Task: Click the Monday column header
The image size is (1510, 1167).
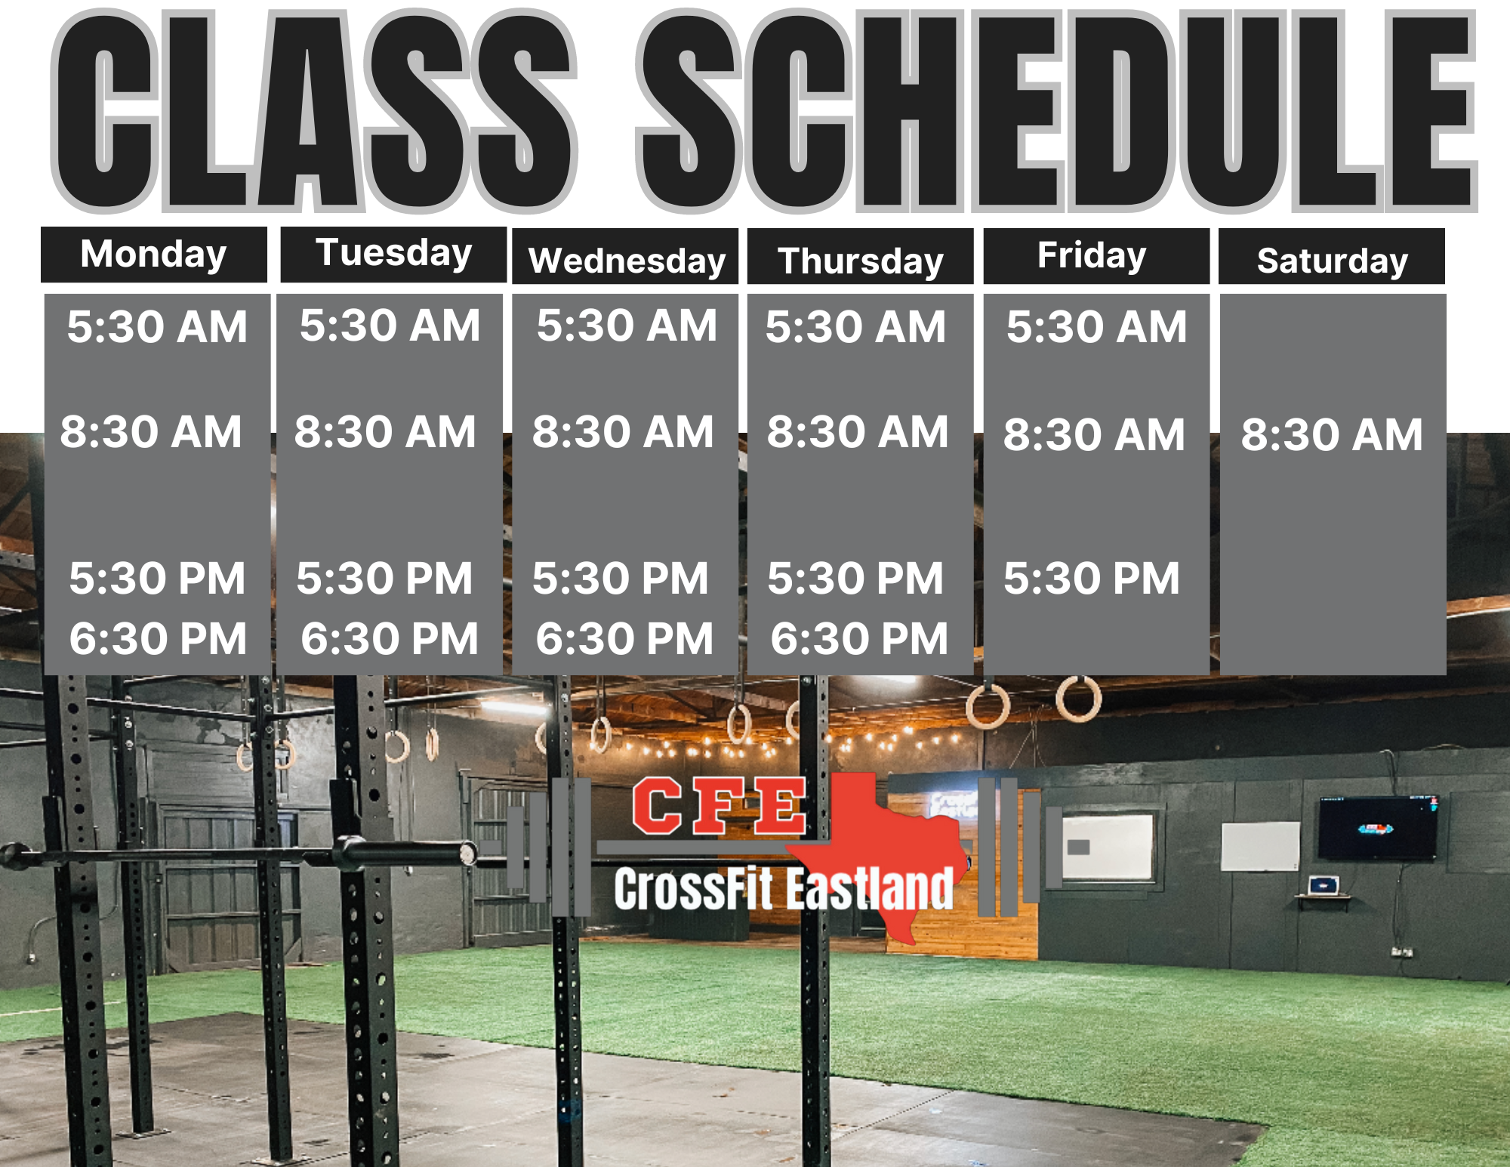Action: pyautogui.click(x=154, y=255)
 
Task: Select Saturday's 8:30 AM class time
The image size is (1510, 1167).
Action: pyautogui.click(x=1332, y=434)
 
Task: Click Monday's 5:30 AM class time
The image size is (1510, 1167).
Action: pyautogui.click(x=157, y=326)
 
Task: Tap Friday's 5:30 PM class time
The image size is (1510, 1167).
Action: pyautogui.click(x=1091, y=579)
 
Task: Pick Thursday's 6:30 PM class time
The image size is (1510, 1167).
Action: pyautogui.click(x=859, y=639)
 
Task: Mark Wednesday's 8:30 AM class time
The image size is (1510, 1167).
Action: pyautogui.click(x=623, y=432)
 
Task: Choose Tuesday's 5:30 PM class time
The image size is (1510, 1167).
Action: pyautogui.click(x=384, y=579)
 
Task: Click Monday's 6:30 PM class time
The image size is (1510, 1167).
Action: pyautogui.click(x=158, y=639)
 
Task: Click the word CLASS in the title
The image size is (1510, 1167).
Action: pyautogui.click(x=314, y=111)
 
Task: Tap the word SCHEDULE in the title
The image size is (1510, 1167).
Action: pyautogui.click(x=1057, y=111)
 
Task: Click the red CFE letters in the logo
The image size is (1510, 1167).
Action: pyautogui.click(x=720, y=807)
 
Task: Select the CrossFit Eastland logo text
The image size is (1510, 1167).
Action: pyautogui.click(x=784, y=889)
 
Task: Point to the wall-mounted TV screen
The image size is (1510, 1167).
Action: pyautogui.click(x=1378, y=828)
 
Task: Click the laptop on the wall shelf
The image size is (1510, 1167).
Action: pyautogui.click(x=1323, y=885)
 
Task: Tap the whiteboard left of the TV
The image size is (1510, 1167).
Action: pyautogui.click(x=1261, y=846)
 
